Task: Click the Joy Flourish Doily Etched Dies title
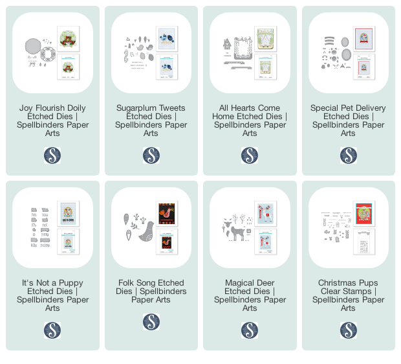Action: pyautogui.click(x=52, y=120)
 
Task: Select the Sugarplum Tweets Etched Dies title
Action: pyautogui.click(x=151, y=120)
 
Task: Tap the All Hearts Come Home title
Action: pyautogui.click(x=250, y=120)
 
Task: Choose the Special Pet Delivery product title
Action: pyautogui.click(x=348, y=120)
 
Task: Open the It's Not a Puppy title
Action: pyautogui.click(x=52, y=295)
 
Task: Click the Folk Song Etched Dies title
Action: pyautogui.click(x=151, y=291)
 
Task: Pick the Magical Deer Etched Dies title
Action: pyautogui.click(x=250, y=295)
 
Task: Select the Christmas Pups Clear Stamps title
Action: pyautogui.click(x=348, y=295)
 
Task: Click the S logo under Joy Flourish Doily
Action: pyautogui.click(x=52, y=155)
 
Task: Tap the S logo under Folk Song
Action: pyautogui.click(x=151, y=322)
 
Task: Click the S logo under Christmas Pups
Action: pyautogui.click(x=349, y=330)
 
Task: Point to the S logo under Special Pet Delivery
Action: pyautogui.click(x=349, y=155)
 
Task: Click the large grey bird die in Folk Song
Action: pyautogui.click(x=147, y=232)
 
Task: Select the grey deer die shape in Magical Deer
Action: pyautogui.click(x=237, y=232)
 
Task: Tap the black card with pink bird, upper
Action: pyautogui.click(x=167, y=213)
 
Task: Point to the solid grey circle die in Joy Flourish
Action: pyautogui.click(x=33, y=46)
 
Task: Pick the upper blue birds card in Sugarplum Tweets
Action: pyautogui.click(x=167, y=39)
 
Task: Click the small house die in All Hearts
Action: pyautogui.click(x=227, y=44)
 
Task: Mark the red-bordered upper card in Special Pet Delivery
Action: pyautogui.click(x=364, y=39)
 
